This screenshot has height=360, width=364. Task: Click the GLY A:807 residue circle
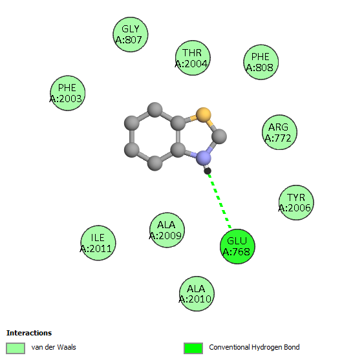[x=131, y=35]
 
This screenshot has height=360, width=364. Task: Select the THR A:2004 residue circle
[x=193, y=58]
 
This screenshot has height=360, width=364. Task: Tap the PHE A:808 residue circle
[x=261, y=62]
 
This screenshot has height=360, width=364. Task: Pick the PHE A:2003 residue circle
[x=67, y=93]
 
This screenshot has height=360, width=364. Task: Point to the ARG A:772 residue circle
[x=279, y=132]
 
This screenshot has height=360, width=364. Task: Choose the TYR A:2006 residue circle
[x=296, y=203]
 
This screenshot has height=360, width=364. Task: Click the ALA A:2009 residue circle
[x=167, y=230]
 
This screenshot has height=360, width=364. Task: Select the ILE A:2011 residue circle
[x=98, y=243]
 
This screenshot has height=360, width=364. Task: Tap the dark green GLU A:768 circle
[x=237, y=246]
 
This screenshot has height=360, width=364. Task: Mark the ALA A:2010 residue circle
[x=197, y=293]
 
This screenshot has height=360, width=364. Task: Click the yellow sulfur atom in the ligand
[x=204, y=115]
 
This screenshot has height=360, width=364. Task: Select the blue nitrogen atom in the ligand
[x=204, y=158]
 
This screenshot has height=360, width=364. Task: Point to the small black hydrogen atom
[x=208, y=171]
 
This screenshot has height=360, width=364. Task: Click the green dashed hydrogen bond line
[x=220, y=201]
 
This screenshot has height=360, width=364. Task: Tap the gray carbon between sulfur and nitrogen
[x=219, y=136]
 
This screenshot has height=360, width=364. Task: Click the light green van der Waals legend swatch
[x=16, y=348]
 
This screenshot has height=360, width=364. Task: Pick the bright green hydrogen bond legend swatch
[x=193, y=348]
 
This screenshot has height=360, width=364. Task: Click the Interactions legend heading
[x=29, y=333]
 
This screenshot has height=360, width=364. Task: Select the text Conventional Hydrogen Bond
[x=254, y=347]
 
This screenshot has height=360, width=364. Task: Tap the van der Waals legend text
[x=54, y=347]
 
